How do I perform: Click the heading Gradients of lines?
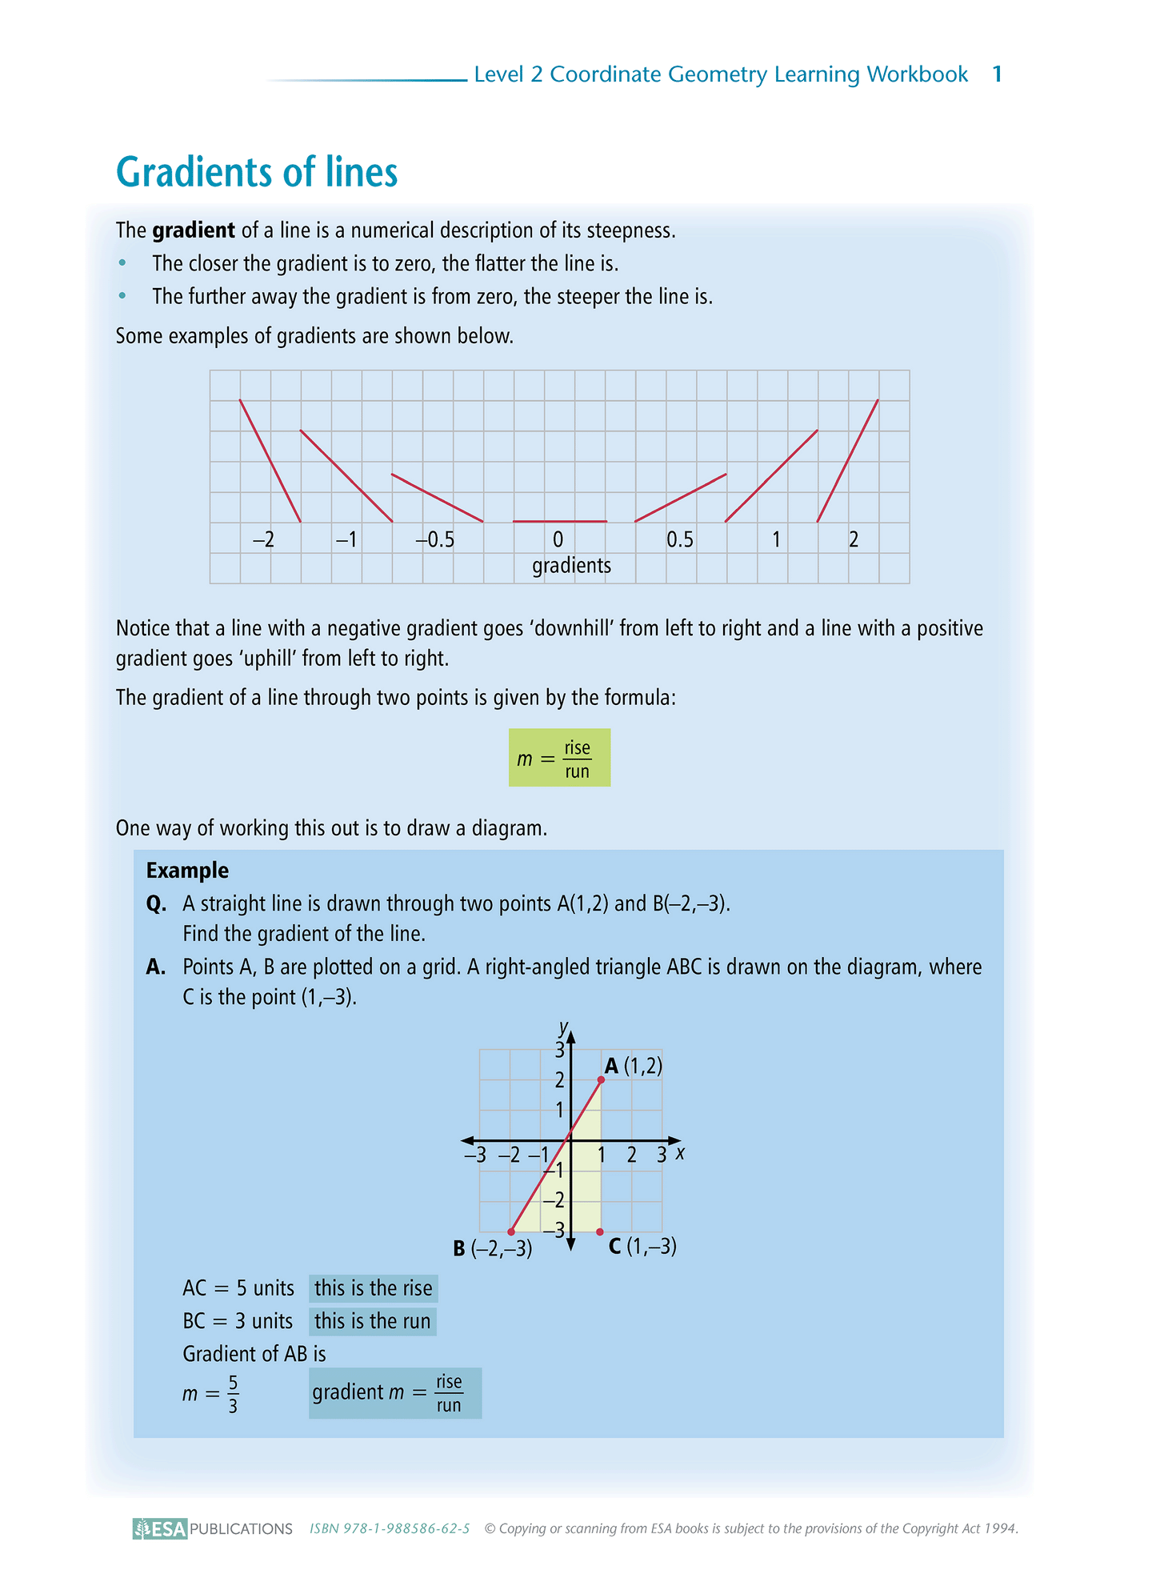pos(257,173)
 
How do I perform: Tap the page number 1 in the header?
pos(997,74)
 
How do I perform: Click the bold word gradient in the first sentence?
pos(194,230)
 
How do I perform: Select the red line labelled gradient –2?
pos(270,461)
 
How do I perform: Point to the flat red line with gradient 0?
pos(559,522)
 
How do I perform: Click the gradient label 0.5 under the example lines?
pos(680,540)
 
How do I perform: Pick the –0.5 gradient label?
pos(434,540)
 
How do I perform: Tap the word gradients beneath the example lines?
pos(571,566)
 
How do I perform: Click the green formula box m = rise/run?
pos(559,758)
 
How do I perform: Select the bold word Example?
pos(187,871)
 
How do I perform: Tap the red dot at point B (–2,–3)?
pos(511,1232)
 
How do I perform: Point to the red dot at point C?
pos(601,1232)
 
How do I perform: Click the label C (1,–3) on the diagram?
pos(642,1247)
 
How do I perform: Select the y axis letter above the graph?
pos(564,1027)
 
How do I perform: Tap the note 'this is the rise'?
pos(373,1288)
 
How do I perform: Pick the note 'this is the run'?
pos(372,1321)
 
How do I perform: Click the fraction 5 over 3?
pos(233,1394)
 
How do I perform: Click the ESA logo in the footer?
pos(160,1529)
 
